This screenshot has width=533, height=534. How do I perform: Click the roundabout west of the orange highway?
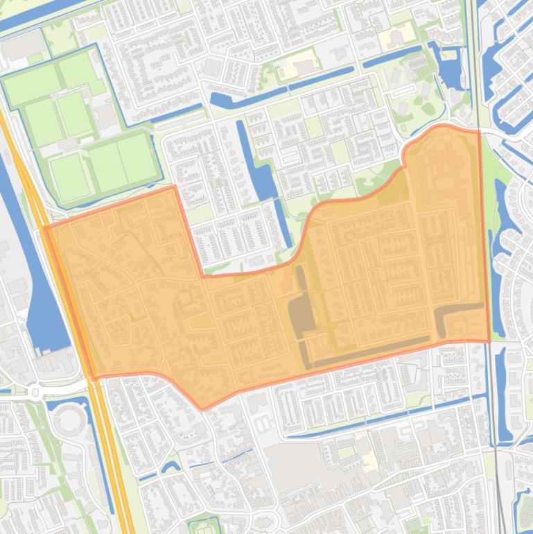click(35, 393)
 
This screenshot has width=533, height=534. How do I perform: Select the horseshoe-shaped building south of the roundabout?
click(67, 419)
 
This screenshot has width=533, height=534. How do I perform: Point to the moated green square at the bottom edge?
click(204, 526)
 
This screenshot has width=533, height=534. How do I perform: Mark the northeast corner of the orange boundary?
click(479, 131)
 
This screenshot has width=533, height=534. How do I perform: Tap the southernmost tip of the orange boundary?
click(202, 408)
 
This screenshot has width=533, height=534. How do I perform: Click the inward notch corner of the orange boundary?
click(202, 276)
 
